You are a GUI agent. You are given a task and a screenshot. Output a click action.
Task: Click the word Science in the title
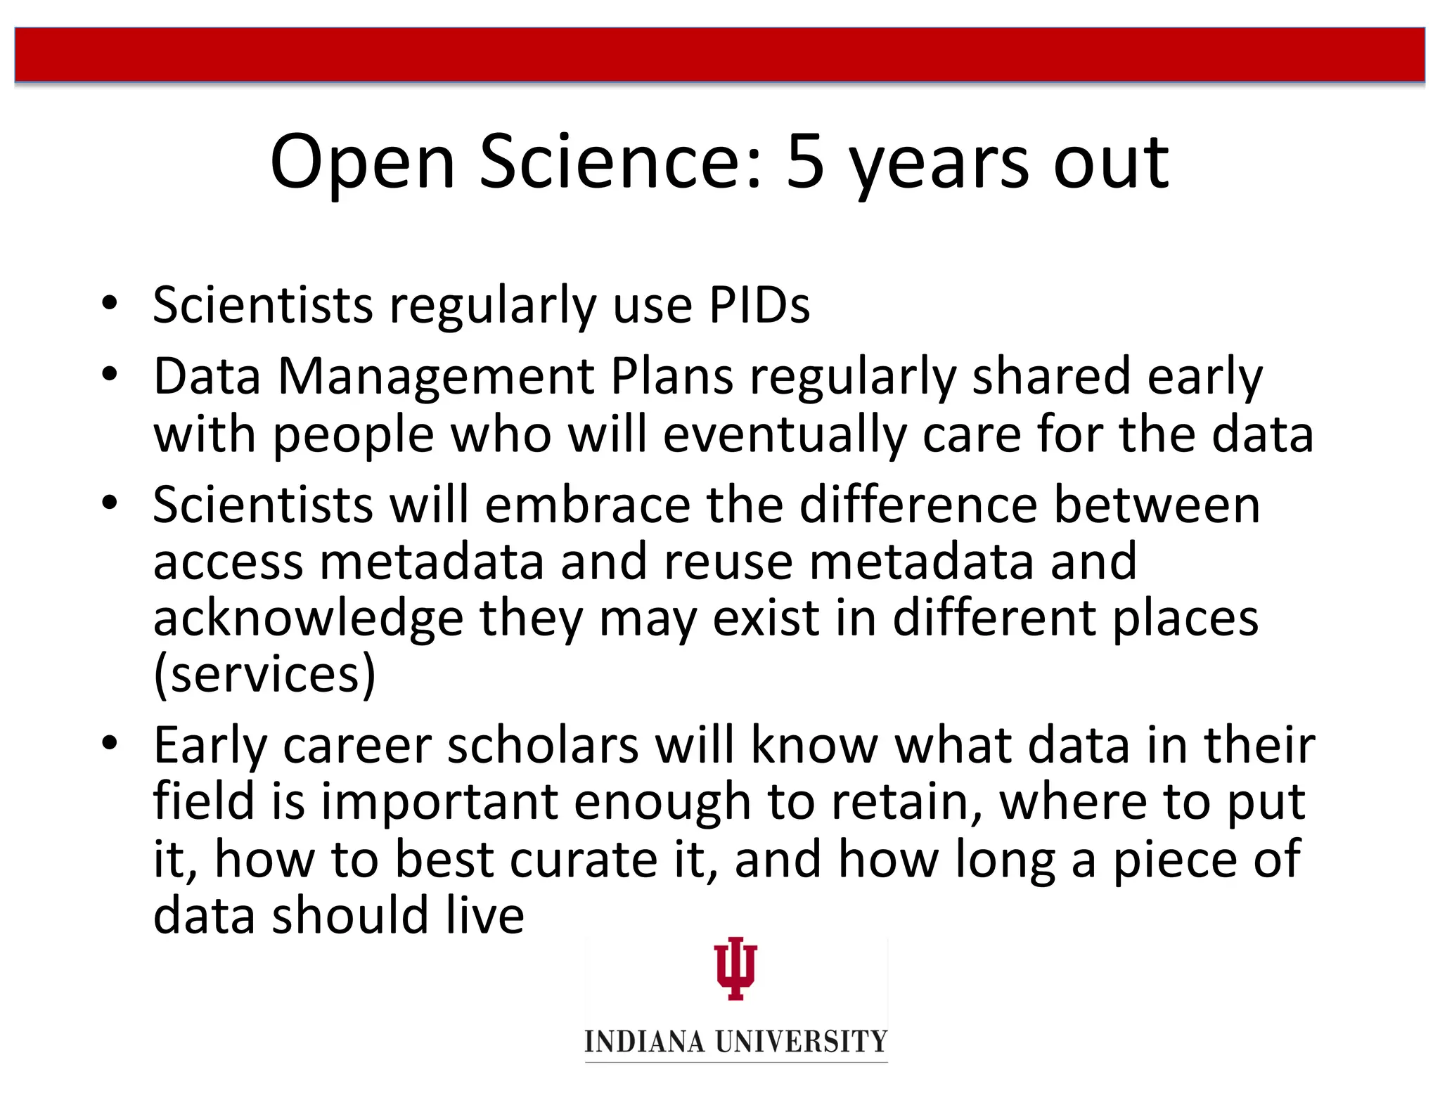pos(620,162)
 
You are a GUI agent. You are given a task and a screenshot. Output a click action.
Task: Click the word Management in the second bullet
pos(436,377)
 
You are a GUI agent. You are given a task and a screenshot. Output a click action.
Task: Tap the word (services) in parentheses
pos(264,675)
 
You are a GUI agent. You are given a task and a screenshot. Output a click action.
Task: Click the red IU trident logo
pos(735,968)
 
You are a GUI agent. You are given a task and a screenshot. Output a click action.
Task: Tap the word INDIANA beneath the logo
pos(644,1041)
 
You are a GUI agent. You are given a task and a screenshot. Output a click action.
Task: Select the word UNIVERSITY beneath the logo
pos(802,1041)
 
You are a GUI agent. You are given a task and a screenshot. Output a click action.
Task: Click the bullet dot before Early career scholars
pos(109,743)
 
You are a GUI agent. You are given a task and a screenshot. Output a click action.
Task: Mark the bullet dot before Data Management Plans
pos(109,375)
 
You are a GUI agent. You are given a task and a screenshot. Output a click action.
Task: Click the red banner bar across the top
pos(720,55)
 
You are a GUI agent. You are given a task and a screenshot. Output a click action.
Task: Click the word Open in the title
pos(363,162)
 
